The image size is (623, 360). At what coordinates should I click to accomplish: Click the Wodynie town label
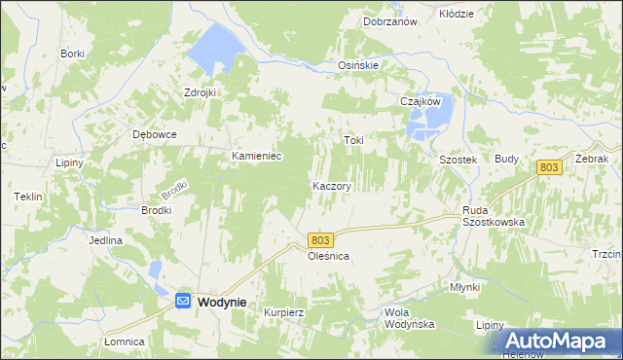click(x=222, y=303)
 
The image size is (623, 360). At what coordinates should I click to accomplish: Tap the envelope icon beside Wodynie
click(x=183, y=303)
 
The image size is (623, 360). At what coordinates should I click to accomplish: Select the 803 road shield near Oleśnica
click(x=322, y=239)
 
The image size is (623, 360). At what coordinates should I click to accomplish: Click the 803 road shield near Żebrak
click(x=549, y=168)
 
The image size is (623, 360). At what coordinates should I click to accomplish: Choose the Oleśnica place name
click(x=328, y=256)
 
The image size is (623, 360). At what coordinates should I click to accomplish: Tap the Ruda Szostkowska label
click(x=494, y=215)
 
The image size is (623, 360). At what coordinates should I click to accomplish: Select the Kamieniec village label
click(x=256, y=156)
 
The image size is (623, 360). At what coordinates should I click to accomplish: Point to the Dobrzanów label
click(x=390, y=20)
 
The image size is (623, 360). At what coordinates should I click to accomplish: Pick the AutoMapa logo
click(x=560, y=341)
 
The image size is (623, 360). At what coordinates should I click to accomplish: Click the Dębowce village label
click(x=155, y=135)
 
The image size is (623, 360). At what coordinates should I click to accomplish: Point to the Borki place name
click(x=72, y=54)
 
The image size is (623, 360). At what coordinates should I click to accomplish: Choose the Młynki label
click(x=465, y=287)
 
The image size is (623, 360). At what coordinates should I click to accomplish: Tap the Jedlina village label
click(x=105, y=240)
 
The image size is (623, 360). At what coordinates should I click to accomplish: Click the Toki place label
click(x=353, y=140)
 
